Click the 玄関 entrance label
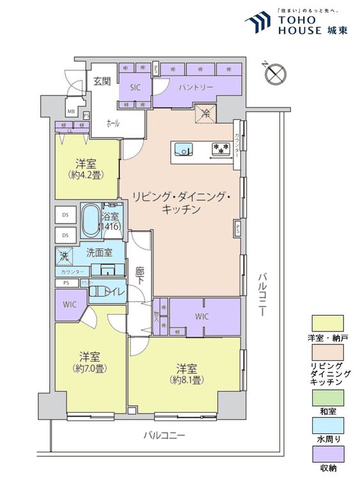(102, 81)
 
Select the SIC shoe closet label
(135, 87)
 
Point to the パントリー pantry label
(196, 87)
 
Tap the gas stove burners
(221, 150)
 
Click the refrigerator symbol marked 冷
(207, 114)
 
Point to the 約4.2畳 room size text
(86, 174)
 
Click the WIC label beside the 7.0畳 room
(69, 305)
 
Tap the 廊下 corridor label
(140, 276)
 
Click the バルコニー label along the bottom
(164, 435)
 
